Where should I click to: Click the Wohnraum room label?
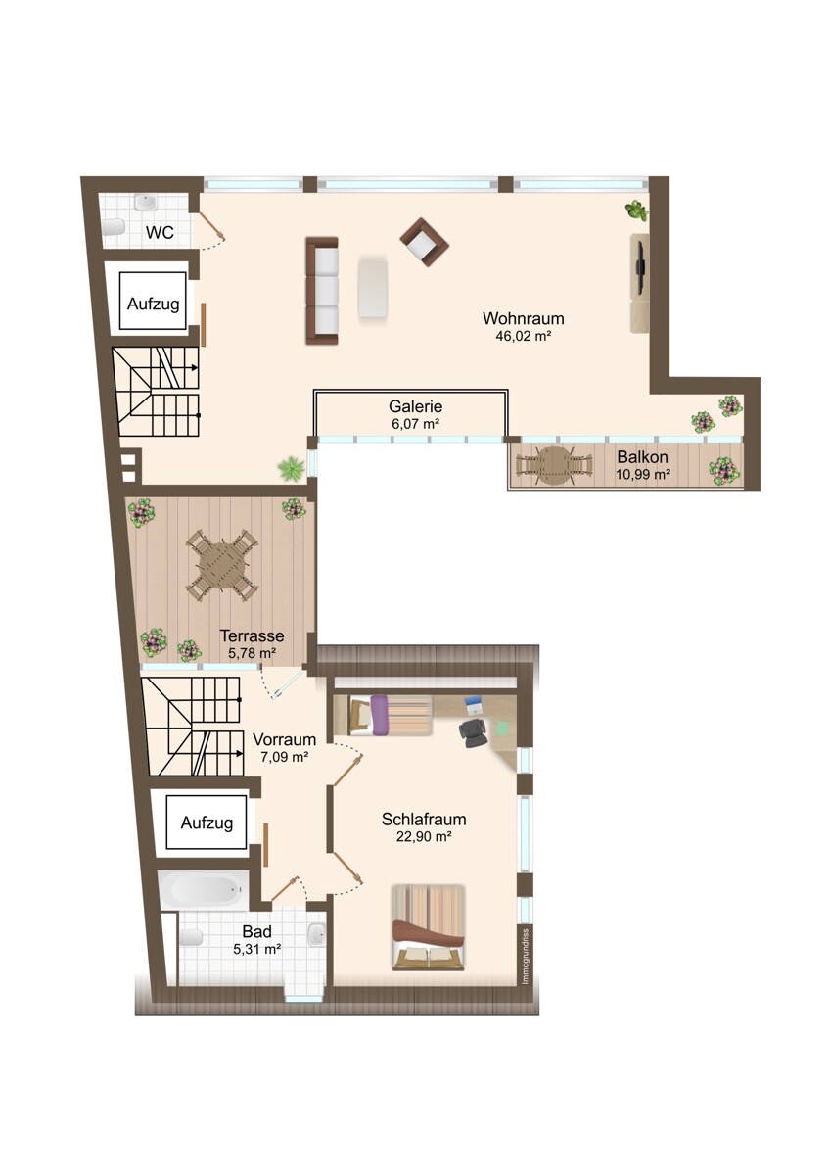pyautogui.click(x=524, y=318)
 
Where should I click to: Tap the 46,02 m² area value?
pyautogui.click(x=524, y=336)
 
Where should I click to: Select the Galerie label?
pyautogui.click(x=415, y=406)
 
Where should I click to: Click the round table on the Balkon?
pyautogui.click(x=554, y=465)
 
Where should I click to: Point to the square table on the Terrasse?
pyautogui.click(x=222, y=567)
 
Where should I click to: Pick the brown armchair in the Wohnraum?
pyautogui.click(x=425, y=241)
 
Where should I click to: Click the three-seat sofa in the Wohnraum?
pyautogui.click(x=322, y=291)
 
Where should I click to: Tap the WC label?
pyautogui.click(x=160, y=232)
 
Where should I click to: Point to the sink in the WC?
pyautogui.click(x=145, y=202)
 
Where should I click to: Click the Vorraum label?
pyautogui.click(x=284, y=739)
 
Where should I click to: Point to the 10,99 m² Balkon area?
pyautogui.click(x=643, y=475)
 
